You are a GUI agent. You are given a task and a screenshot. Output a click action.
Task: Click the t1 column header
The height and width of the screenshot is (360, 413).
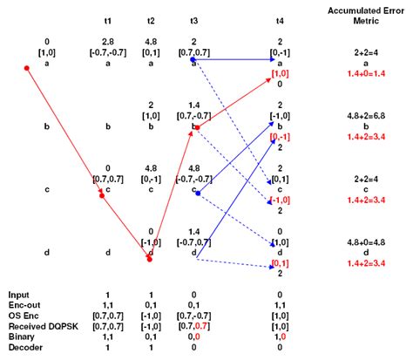106,19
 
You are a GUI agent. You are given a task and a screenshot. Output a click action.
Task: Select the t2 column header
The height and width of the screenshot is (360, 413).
151,19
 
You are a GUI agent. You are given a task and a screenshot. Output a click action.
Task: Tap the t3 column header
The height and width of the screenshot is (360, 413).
195,19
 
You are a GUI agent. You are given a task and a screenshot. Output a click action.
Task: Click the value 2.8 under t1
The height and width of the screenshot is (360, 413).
106,40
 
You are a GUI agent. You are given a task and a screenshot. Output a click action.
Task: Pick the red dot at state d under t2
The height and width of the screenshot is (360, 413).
151,259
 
